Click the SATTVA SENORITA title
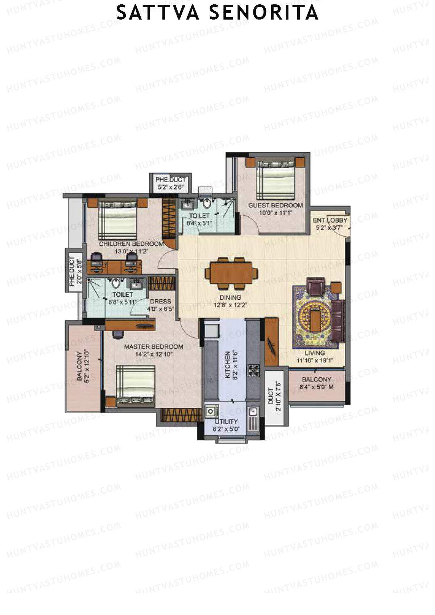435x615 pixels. pos(217,13)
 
